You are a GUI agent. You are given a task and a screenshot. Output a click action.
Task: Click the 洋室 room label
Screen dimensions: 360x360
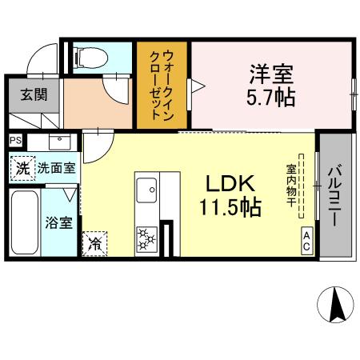(x=273, y=76)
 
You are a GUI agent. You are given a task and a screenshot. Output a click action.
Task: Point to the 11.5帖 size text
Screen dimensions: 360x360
(x=230, y=208)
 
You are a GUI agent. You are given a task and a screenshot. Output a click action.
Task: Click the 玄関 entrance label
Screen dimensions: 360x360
(x=33, y=94)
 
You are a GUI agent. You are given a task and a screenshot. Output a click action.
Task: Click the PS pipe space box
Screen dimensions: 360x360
(x=16, y=140)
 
